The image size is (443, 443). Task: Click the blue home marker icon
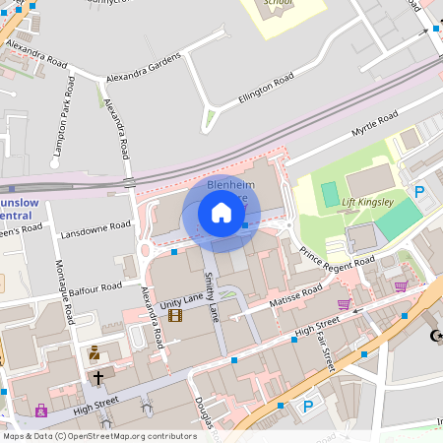pos(221,213)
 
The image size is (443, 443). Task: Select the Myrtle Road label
pos(375,125)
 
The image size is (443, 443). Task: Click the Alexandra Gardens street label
pos(143,66)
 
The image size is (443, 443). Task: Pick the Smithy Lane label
pos(212,298)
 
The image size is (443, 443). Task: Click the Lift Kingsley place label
pos(368,203)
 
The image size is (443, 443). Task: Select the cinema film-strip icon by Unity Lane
pos(175,315)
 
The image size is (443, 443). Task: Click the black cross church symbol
pos(98,377)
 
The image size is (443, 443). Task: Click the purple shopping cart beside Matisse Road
pos(344,304)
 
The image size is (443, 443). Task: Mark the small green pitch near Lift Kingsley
pos(328,193)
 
